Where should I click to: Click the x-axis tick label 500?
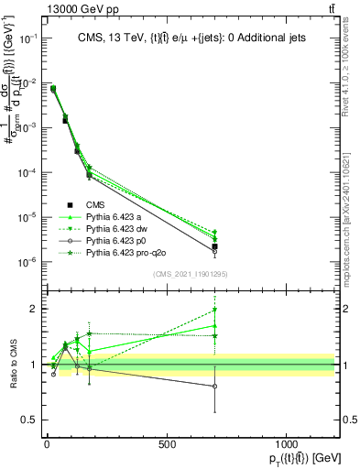pos(167,445)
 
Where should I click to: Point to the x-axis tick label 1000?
pos(286,445)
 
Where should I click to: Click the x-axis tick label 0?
pos(47,445)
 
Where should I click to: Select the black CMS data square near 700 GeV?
pos(214,246)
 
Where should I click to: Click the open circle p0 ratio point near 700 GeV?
pos(214,387)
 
